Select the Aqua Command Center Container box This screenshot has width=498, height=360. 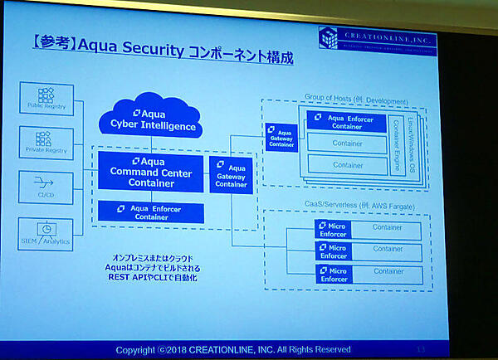click(150, 172)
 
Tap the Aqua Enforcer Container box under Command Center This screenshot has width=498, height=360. click(150, 212)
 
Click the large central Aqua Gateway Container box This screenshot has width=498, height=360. click(231, 175)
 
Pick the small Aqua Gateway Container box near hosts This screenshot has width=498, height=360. click(282, 137)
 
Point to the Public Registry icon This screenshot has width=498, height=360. click(46, 98)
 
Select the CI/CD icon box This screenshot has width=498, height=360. click(46, 183)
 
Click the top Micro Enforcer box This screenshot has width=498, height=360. click(334, 229)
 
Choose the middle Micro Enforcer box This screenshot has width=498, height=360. click(334, 251)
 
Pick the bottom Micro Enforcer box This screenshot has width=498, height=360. click(334, 274)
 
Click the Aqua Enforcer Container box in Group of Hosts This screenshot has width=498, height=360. click(345, 122)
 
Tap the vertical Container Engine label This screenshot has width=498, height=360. click(396, 142)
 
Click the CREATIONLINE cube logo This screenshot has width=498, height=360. click(330, 39)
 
